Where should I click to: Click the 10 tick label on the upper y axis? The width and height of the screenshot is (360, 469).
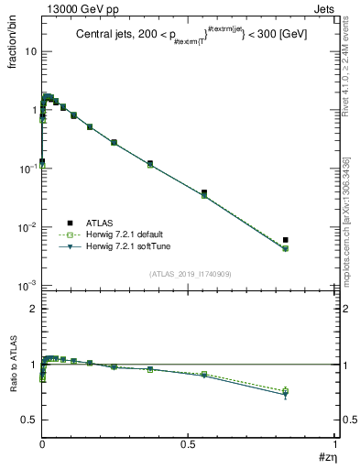[x=30, y=51]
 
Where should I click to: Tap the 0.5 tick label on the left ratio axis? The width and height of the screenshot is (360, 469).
[x=28, y=420]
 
